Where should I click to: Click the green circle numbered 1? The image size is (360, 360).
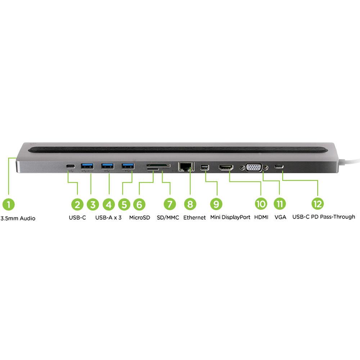click(8, 204)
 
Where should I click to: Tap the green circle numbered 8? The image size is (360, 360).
click(190, 204)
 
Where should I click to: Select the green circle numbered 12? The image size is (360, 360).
click(317, 204)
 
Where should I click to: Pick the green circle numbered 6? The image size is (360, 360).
click(139, 204)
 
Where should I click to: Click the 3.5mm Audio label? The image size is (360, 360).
click(18, 218)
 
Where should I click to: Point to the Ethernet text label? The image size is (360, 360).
click(194, 217)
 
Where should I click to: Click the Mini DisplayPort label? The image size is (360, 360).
click(230, 217)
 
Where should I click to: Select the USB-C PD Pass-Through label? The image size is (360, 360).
click(324, 217)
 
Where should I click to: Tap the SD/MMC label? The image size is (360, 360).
click(168, 217)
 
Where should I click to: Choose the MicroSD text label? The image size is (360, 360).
click(139, 217)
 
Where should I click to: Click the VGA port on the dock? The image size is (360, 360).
click(253, 167)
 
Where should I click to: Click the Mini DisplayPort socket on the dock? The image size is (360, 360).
click(205, 167)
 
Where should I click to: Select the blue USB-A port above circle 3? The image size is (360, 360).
click(87, 166)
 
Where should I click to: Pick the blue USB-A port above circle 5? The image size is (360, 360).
click(127, 166)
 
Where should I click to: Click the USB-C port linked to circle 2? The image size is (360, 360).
click(71, 166)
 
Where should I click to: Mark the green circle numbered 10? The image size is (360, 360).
click(261, 204)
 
